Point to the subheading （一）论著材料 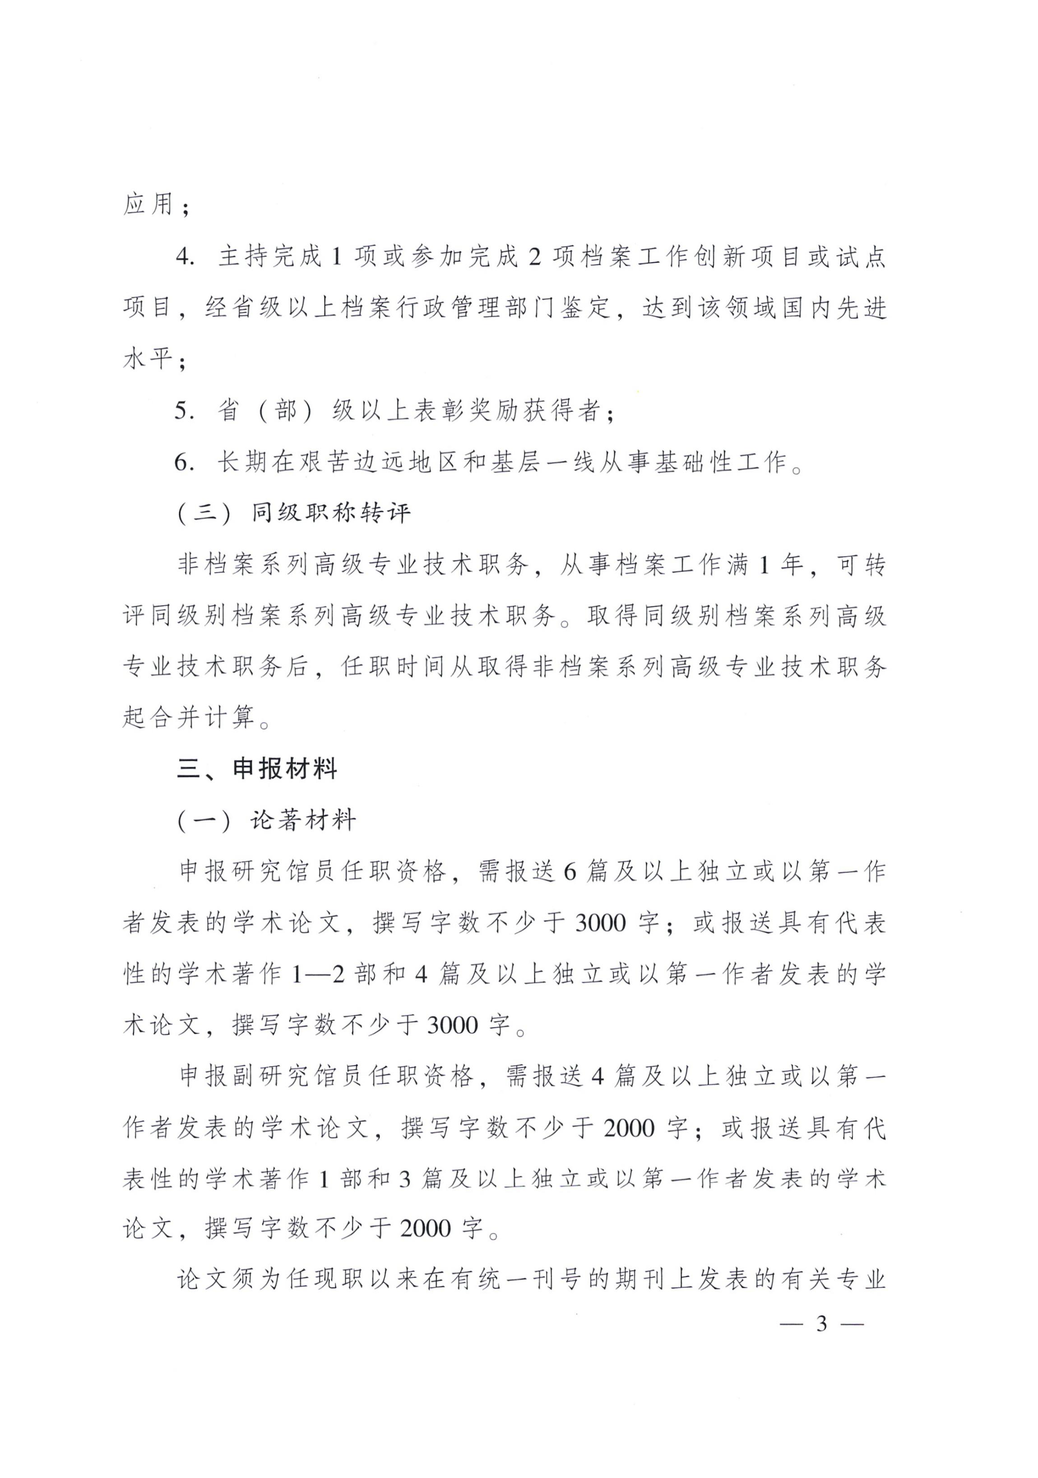point(267,820)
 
